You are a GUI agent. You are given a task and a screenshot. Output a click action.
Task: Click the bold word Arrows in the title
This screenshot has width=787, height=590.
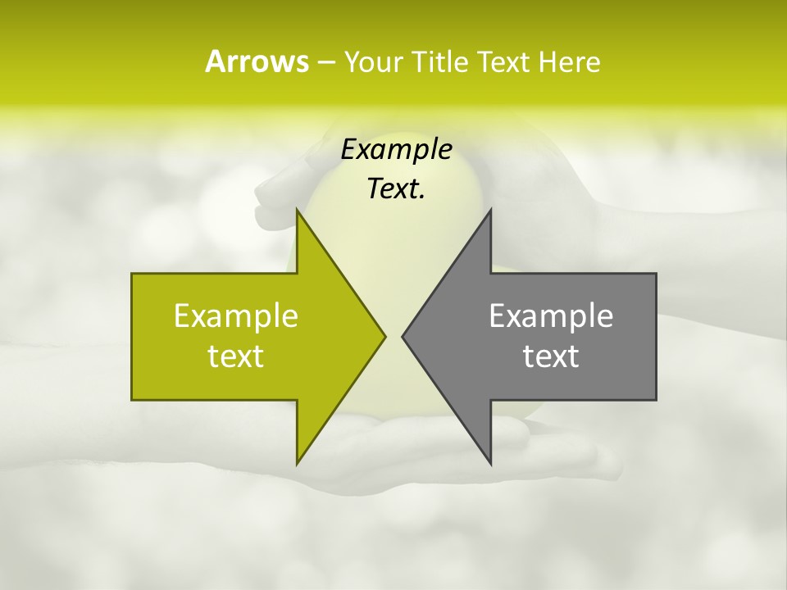click(257, 61)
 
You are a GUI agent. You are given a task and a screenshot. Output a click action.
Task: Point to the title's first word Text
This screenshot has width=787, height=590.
click(503, 61)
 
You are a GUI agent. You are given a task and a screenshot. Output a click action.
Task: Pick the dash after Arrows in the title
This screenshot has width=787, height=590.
click(325, 62)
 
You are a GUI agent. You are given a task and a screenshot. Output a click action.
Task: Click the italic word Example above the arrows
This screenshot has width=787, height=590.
click(397, 149)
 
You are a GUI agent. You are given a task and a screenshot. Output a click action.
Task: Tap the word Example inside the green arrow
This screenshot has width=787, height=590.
click(236, 316)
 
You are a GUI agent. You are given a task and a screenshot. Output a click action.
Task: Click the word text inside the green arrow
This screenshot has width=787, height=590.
click(236, 356)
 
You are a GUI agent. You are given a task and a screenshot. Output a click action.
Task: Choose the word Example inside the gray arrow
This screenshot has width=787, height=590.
click(551, 316)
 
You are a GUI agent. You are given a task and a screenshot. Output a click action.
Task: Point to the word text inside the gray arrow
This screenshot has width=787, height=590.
click(551, 356)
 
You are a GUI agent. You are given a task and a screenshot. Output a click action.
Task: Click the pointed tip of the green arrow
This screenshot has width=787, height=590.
click(384, 336)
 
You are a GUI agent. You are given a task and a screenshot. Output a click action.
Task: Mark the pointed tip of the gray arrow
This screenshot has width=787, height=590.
click(403, 336)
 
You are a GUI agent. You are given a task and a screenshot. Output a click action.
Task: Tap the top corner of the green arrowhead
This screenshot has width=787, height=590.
click(297, 210)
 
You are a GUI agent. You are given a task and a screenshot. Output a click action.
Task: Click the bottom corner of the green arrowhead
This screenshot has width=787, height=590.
click(297, 463)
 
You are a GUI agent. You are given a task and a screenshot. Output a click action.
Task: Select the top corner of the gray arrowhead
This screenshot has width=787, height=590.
click(490, 210)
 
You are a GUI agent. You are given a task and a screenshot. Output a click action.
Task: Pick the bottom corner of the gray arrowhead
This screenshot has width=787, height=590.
click(490, 463)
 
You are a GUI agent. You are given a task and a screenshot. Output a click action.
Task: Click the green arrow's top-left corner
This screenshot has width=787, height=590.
click(132, 274)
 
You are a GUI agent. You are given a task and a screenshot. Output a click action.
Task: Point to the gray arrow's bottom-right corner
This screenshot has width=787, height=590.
click(656, 399)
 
